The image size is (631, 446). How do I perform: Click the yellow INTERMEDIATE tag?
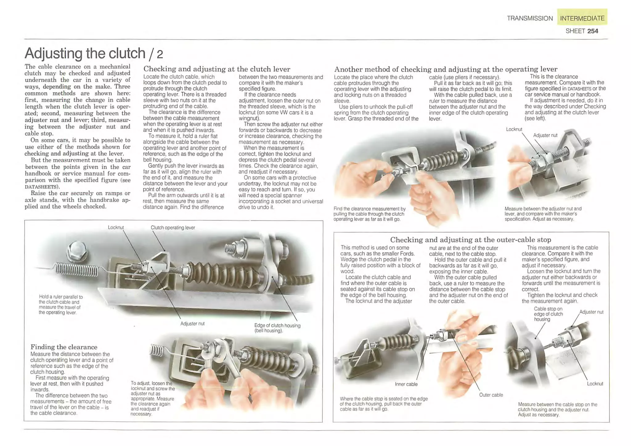(582, 18)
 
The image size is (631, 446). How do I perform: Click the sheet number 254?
(592, 31)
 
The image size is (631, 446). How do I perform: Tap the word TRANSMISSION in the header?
(530, 18)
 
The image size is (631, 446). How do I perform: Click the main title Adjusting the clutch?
(85, 53)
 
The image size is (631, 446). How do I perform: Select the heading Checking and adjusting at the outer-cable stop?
(470, 239)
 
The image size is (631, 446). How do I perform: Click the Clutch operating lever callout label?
(173, 227)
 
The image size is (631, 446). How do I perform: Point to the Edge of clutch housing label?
(277, 328)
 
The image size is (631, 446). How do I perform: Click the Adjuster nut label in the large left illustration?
(192, 323)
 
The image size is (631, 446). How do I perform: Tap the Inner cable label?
(406, 384)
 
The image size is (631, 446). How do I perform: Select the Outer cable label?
(491, 395)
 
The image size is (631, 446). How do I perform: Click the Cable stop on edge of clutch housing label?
(548, 314)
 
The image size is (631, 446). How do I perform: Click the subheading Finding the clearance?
(64, 347)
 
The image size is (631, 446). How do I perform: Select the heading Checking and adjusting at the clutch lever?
(217, 69)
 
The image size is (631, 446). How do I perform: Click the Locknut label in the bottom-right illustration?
(595, 384)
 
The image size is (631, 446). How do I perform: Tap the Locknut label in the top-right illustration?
(514, 129)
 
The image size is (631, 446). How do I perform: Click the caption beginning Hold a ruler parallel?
(61, 305)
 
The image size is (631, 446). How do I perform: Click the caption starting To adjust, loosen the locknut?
(152, 399)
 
